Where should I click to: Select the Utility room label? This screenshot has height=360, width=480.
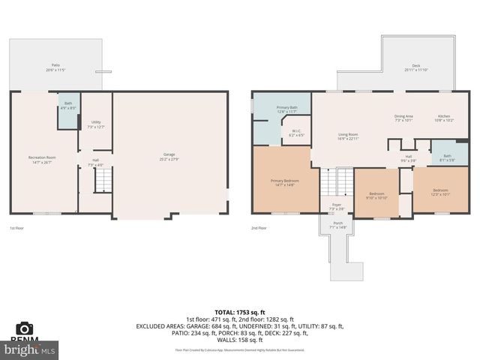click(96, 124)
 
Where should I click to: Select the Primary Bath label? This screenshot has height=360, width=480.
click(287, 109)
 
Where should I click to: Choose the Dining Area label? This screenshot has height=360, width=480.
click(403, 118)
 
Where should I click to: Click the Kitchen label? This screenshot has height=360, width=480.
click(444, 118)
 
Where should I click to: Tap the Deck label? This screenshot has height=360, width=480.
click(415, 67)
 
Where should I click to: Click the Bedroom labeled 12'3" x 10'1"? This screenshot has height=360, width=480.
click(440, 192)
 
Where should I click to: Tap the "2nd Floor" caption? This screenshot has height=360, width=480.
click(259, 227)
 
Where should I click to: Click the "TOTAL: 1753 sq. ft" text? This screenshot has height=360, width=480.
click(239, 311)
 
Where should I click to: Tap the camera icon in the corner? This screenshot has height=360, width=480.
click(24, 328)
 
